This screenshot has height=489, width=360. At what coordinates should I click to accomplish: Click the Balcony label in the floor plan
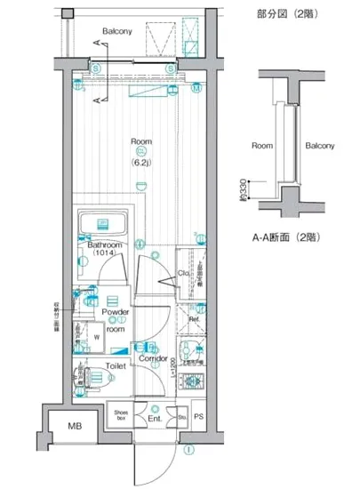(x=116, y=32)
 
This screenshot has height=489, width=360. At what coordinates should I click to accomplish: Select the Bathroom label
(x=104, y=244)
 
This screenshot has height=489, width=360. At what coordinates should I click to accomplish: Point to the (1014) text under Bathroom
(x=105, y=254)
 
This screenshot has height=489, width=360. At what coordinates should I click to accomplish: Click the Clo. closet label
(x=183, y=273)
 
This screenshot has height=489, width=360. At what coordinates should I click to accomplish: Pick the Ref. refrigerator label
(x=193, y=317)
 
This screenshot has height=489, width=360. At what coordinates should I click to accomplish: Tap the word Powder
(x=115, y=312)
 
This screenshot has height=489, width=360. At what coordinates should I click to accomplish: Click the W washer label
(x=97, y=338)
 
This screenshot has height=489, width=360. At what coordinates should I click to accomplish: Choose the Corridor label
(x=156, y=358)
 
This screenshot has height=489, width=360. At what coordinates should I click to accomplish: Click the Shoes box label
(x=122, y=413)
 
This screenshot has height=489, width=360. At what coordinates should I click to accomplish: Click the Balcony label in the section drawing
(x=320, y=145)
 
